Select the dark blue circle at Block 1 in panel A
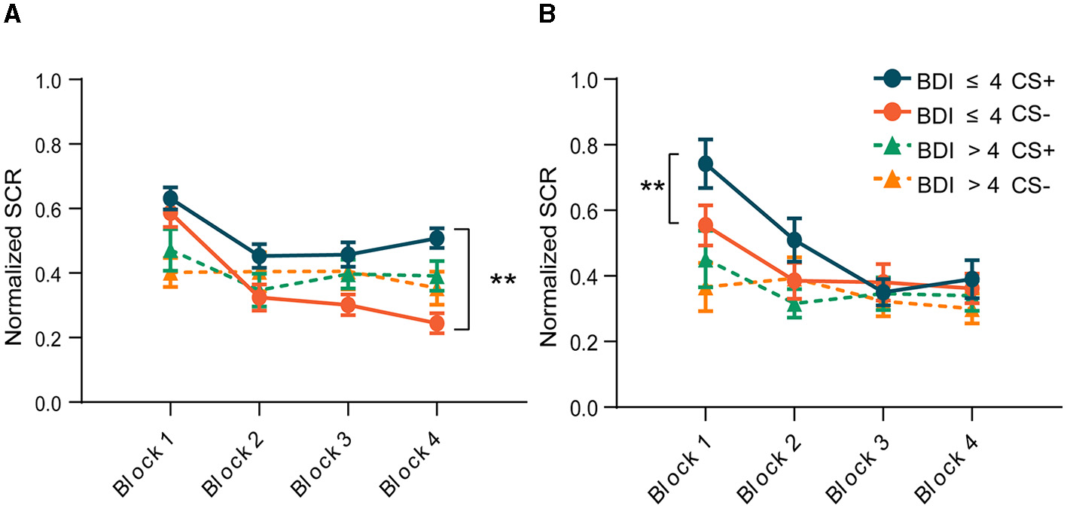[170, 199]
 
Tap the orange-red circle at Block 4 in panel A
[437, 324]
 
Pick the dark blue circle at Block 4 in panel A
[437, 239]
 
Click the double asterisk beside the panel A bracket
[503, 281]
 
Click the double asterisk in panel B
[652, 187]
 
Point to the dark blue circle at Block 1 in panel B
[706, 163]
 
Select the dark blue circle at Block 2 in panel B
[794, 241]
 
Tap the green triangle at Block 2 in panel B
[794, 305]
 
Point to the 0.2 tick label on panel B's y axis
[593, 342]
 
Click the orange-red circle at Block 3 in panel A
[348, 305]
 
